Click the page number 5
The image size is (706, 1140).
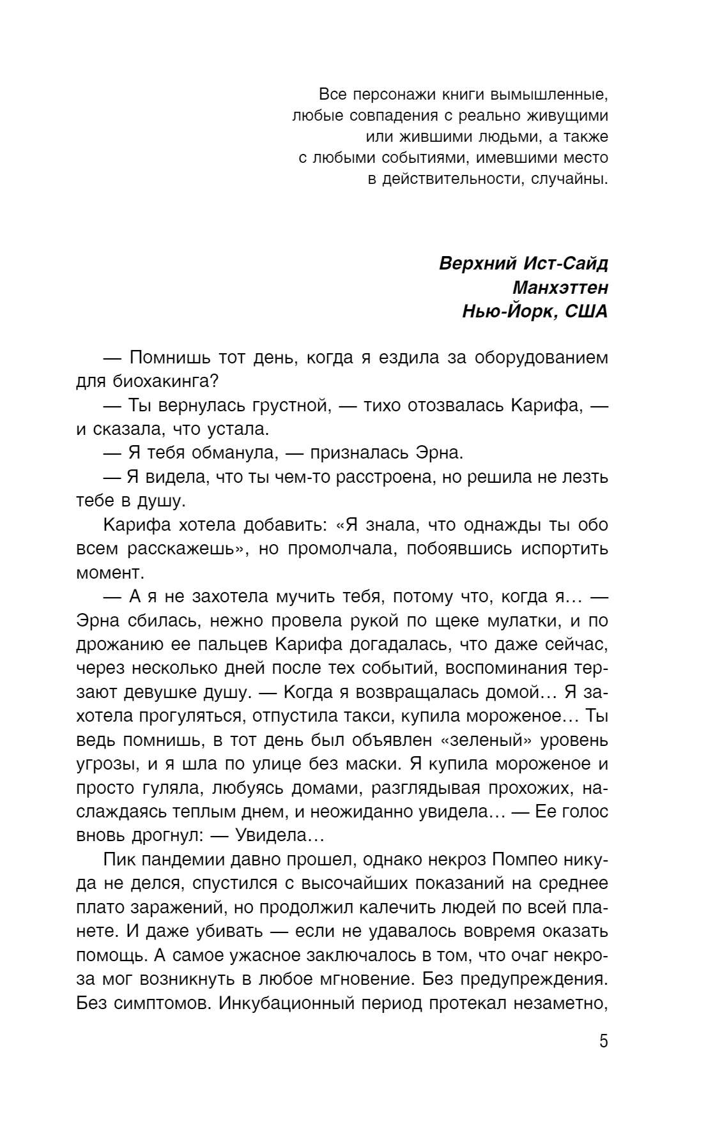coord(603,1042)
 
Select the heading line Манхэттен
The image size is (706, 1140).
coord(560,288)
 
